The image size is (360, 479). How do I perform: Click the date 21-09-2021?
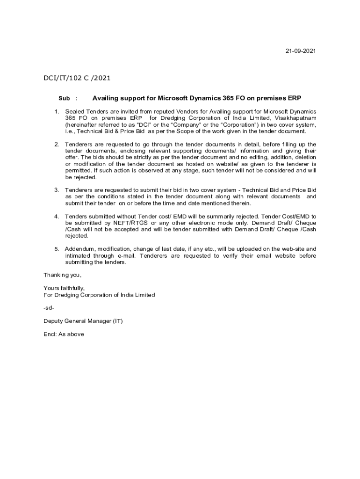point(301,51)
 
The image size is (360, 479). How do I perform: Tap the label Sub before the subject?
point(64,99)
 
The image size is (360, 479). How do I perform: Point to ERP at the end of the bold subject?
point(294,98)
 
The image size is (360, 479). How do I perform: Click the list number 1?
point(56,112)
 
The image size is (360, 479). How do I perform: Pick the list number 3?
point(56,190)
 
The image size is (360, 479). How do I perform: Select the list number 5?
point(56,249)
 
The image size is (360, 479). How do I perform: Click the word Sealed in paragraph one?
point(74,112)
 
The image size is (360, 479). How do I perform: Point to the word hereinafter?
point(82,125)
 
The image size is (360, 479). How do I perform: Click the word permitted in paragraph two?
point(79,171)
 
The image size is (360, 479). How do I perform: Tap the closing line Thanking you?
point(62,275)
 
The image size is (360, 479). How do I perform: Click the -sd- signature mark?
point(49,308)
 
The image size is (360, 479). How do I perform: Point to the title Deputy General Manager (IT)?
point(83,321)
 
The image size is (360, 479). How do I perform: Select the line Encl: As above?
point(64,334)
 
